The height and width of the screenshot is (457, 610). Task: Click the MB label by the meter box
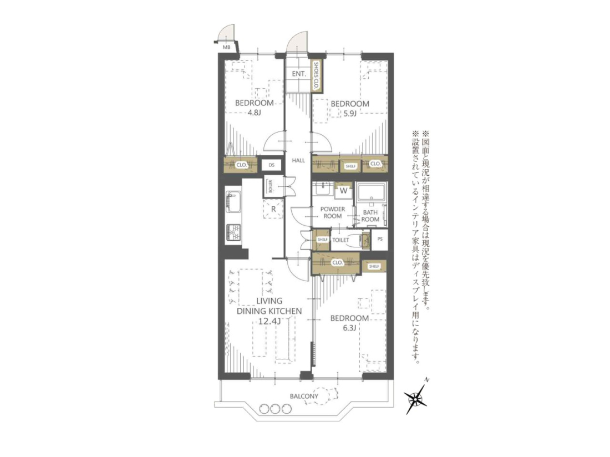click(226, 47)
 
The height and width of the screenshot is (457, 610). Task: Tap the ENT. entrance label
click(299, 74)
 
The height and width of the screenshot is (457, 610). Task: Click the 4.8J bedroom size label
click(253, 113)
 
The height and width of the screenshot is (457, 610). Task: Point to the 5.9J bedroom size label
click(350, 114)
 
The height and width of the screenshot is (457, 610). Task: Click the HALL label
click(298, 160)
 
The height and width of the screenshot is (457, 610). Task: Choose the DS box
click(272, 165)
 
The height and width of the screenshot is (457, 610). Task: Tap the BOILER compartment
click(270, 186)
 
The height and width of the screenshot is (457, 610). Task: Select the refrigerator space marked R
click(273, 209)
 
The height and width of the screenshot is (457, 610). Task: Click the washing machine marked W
click(343, 191)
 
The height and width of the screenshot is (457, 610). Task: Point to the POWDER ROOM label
click(333, 212)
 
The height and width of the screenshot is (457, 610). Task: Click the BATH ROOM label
click(370, 216)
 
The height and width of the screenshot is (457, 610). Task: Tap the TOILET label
click(340, 240)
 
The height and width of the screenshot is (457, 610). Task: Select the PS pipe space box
click(380, 240)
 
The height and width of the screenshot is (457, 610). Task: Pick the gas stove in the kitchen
click(233, 233)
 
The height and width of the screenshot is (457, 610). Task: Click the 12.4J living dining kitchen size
click(269, 321)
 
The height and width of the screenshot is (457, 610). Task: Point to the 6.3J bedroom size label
click(349, 328)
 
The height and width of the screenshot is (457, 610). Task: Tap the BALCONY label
click(304, 397)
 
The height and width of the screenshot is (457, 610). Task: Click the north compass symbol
click(416, 397)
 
